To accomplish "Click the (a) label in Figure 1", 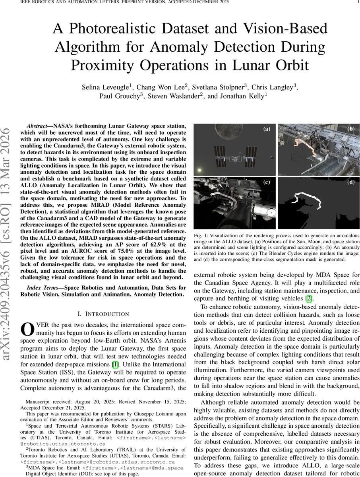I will pyautogui.click(x=266, y=129).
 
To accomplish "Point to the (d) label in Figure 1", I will pyautogui.click(x=351, y=182).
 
